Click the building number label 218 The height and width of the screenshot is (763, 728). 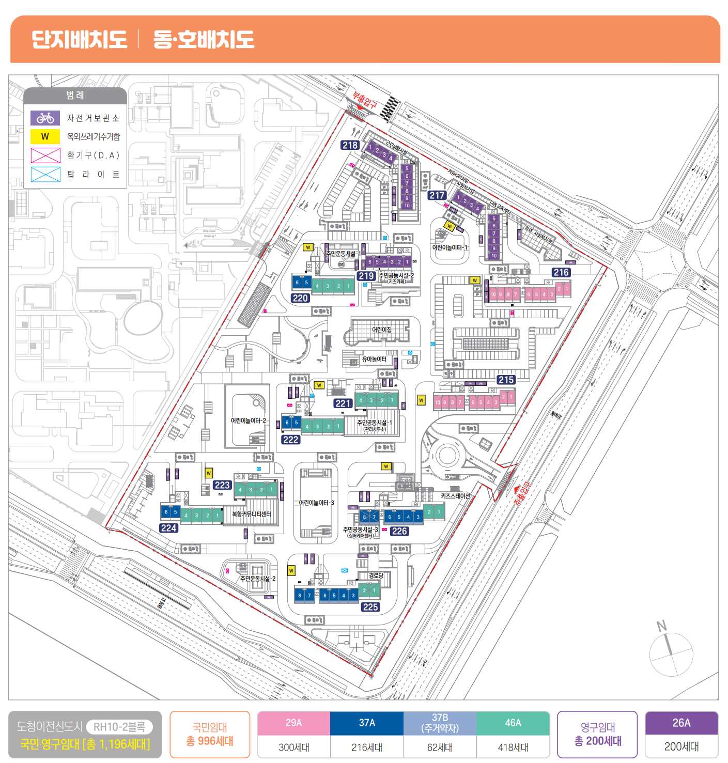(x=350, y=145)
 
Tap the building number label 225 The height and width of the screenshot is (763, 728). (x=370, y=607)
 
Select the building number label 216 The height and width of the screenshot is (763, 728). (x=561, y=272)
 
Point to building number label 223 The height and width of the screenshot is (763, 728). (x=222, y=485)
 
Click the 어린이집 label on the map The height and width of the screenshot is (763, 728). (x=382, y=330)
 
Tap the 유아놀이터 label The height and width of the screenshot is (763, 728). (x=374, y=359)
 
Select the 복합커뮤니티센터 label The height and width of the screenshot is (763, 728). (x=252, y=515)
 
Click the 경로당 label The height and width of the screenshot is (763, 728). (x=376, y=575)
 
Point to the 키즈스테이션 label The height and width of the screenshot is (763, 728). (x=455, y=496)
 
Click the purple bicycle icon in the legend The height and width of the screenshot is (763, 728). (x=45, y=118)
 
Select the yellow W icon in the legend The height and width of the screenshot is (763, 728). (x=45, y=136)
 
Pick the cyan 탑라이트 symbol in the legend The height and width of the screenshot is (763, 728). (x=45, y=174)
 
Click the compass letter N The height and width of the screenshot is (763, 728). (x=661, y=626)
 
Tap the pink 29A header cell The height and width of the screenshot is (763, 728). (x=293, y=723)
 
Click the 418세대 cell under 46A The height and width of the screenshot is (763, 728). (x=513, y=747)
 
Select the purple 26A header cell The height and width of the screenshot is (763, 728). (x=681, y=723)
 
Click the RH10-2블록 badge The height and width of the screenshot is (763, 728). (x=119, y=727)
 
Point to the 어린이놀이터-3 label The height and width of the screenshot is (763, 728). (x=316, y=503)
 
